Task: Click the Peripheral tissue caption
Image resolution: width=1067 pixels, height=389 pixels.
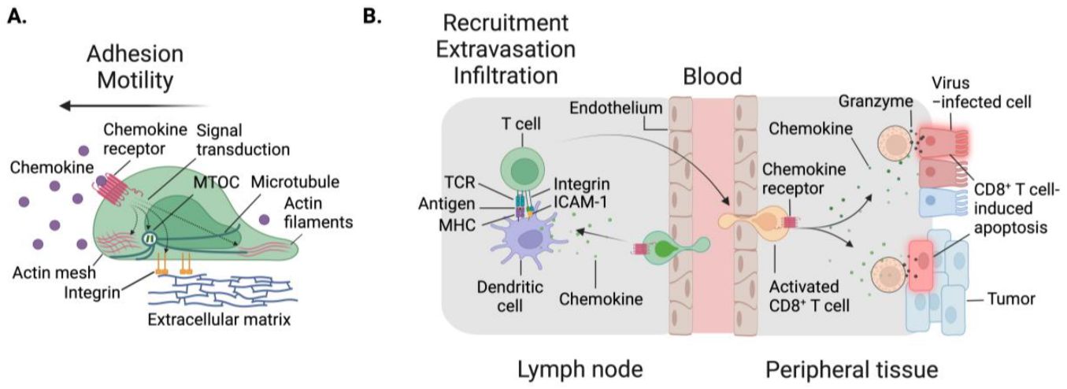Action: tap(850, 368)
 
